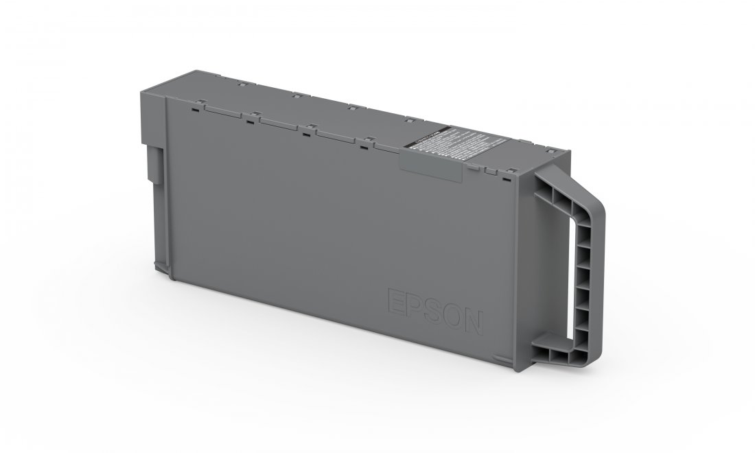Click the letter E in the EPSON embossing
coord(396,302)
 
